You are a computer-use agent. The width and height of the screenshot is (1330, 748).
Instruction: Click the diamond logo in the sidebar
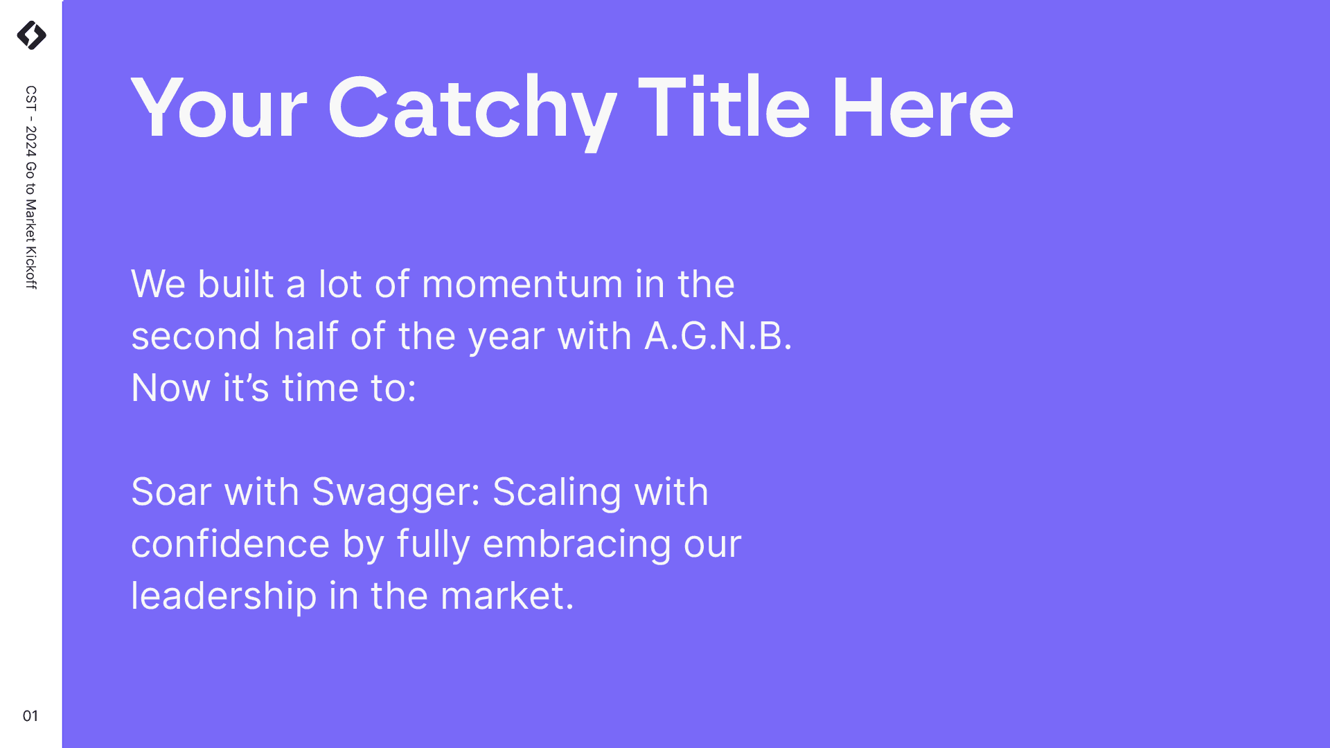pos(31,35)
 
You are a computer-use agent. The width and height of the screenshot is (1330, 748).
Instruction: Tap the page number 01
pos(30,715)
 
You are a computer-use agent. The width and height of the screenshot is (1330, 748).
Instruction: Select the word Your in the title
pos(219,108)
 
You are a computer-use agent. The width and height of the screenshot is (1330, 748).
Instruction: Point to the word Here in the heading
pos(923,108)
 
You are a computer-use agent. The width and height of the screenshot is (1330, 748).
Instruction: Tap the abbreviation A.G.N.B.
pos(718,336)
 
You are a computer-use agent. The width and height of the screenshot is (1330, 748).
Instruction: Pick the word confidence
pos(230,544)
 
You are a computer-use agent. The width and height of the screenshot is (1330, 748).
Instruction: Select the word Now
pos(171,388)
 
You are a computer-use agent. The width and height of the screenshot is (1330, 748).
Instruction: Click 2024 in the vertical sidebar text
pos(31,141)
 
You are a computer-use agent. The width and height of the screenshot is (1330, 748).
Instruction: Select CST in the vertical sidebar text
pos(31,98)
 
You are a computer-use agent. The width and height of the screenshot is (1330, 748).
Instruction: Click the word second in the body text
pos(196,337)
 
